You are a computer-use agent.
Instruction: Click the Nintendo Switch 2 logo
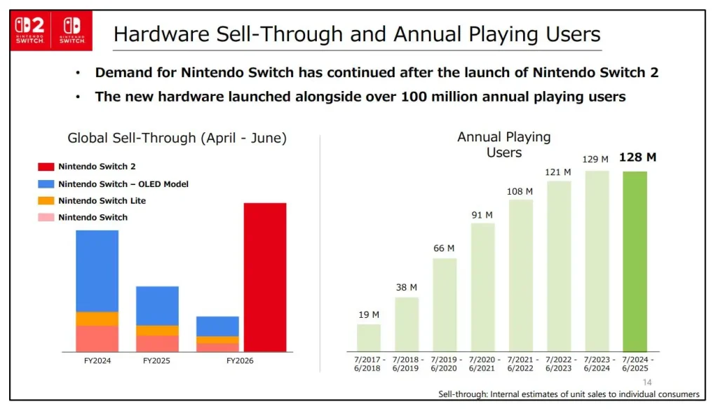(x=30, y=31)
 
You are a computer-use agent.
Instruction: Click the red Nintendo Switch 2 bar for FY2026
(x=265, y=277)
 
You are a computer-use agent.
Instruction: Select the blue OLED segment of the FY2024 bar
(x=97, y=270)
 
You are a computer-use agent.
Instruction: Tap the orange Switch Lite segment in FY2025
(x=157, y=330)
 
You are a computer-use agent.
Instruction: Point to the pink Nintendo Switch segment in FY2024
(x=97, y=339)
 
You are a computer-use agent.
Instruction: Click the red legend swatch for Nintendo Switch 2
(x=46, y=167)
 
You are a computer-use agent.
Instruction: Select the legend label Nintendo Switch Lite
(x=102, y=201)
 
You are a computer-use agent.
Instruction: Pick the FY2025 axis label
(x=156, y=361)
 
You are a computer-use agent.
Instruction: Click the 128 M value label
(x=637, y=158)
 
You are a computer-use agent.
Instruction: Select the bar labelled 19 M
(x=369, y=337)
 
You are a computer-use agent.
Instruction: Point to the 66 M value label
(x=445, y=249)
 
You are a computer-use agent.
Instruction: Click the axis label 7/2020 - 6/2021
(x=482, y=364)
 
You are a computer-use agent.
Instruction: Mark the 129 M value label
(x=595, y=160)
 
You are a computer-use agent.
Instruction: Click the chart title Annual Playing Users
(x=504, y=144)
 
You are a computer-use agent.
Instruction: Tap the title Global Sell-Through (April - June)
(x=177, y=138)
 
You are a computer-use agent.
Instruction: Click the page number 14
(x=647, y=382)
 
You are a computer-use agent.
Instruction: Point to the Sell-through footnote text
(x=569, y=394)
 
